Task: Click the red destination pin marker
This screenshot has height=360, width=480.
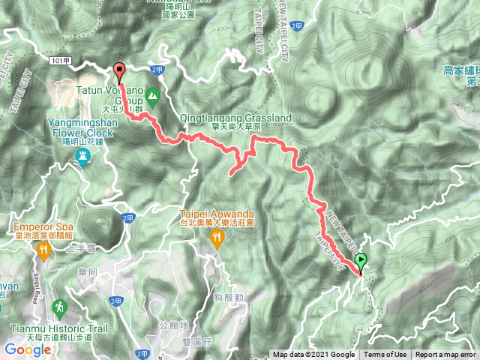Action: coord(119,72)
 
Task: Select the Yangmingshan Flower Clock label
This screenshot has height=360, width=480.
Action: coord(82,127)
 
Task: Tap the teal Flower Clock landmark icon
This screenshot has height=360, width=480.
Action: coord(82,156)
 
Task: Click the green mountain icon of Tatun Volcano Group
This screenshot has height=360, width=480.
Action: coord(153,95)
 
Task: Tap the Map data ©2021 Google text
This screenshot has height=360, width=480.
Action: coord(313,355)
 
